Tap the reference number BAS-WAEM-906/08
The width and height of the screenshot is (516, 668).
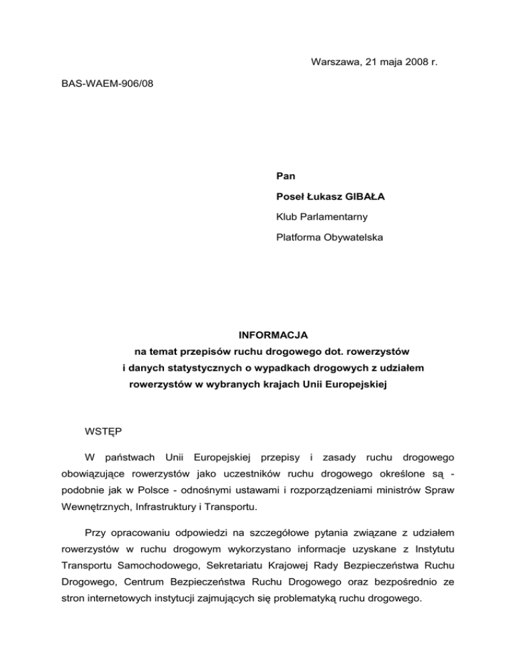pos(103,87)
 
